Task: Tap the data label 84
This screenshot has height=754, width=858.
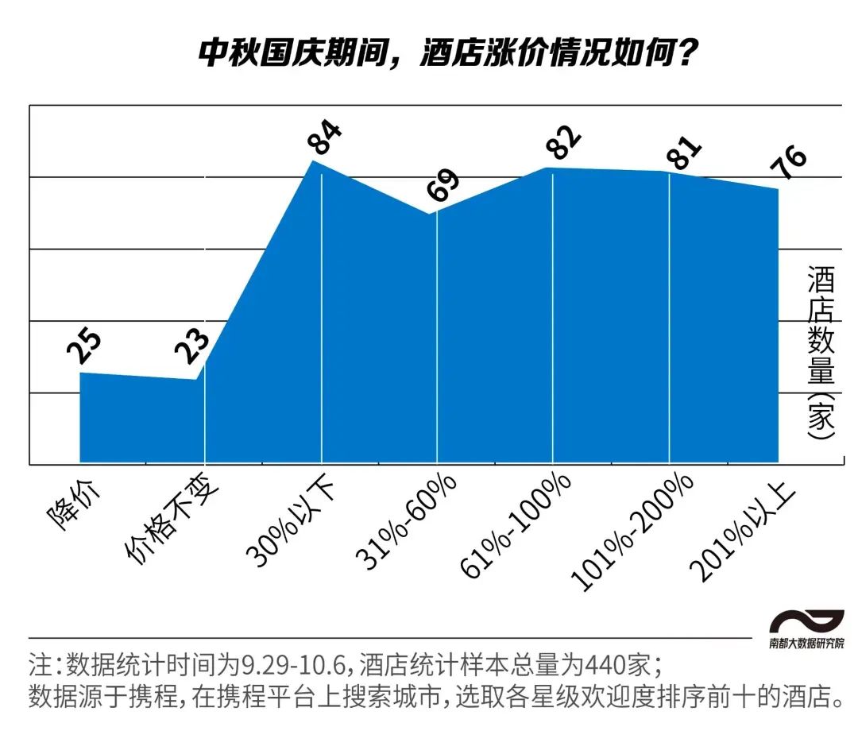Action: pyautogui.click(x=325, y=137)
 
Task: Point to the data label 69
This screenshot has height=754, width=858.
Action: pyautogui.click(x=443, y=188)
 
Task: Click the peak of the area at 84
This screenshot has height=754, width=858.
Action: pyautogui.click(x=315, y=161)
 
